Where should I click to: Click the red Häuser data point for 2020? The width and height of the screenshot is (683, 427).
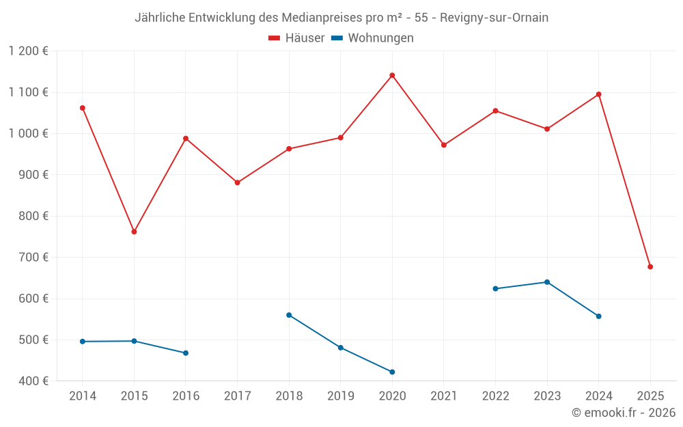click(x=392, y=75)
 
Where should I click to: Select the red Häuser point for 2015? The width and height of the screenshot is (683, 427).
click(x=134, y=232)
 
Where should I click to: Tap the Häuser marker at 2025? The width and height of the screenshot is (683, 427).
click(x=650, y=266)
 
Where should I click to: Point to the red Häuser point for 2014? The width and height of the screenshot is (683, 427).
click(x=83, y=108)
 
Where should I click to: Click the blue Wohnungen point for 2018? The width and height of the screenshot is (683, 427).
click(x=289, y=315)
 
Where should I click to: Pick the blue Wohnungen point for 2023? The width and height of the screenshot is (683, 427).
click(x=547, y=282)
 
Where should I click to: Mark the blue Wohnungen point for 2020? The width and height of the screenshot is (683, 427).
click(x=392, y=372)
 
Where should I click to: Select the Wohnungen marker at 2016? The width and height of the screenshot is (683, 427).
click(x=186, y=353)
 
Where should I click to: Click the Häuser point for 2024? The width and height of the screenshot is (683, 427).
click(x=598, y=94)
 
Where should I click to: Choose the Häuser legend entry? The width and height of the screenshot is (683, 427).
click(x=296, y=38)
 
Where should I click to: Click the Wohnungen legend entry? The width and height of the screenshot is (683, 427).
click(x=372, y=38)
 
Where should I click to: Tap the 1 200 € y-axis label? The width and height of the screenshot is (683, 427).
click(x=29, y=51)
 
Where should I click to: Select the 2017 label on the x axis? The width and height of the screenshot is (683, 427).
click(x=237, y=396)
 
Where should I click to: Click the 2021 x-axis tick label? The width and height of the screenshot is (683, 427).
click(x=444, y=396)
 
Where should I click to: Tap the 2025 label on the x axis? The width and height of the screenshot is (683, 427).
click(x=650, y=396)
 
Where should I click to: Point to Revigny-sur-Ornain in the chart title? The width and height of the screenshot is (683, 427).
click(x=494, y=18)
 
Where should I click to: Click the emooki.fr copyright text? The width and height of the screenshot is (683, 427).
click(x=623, y=413)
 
